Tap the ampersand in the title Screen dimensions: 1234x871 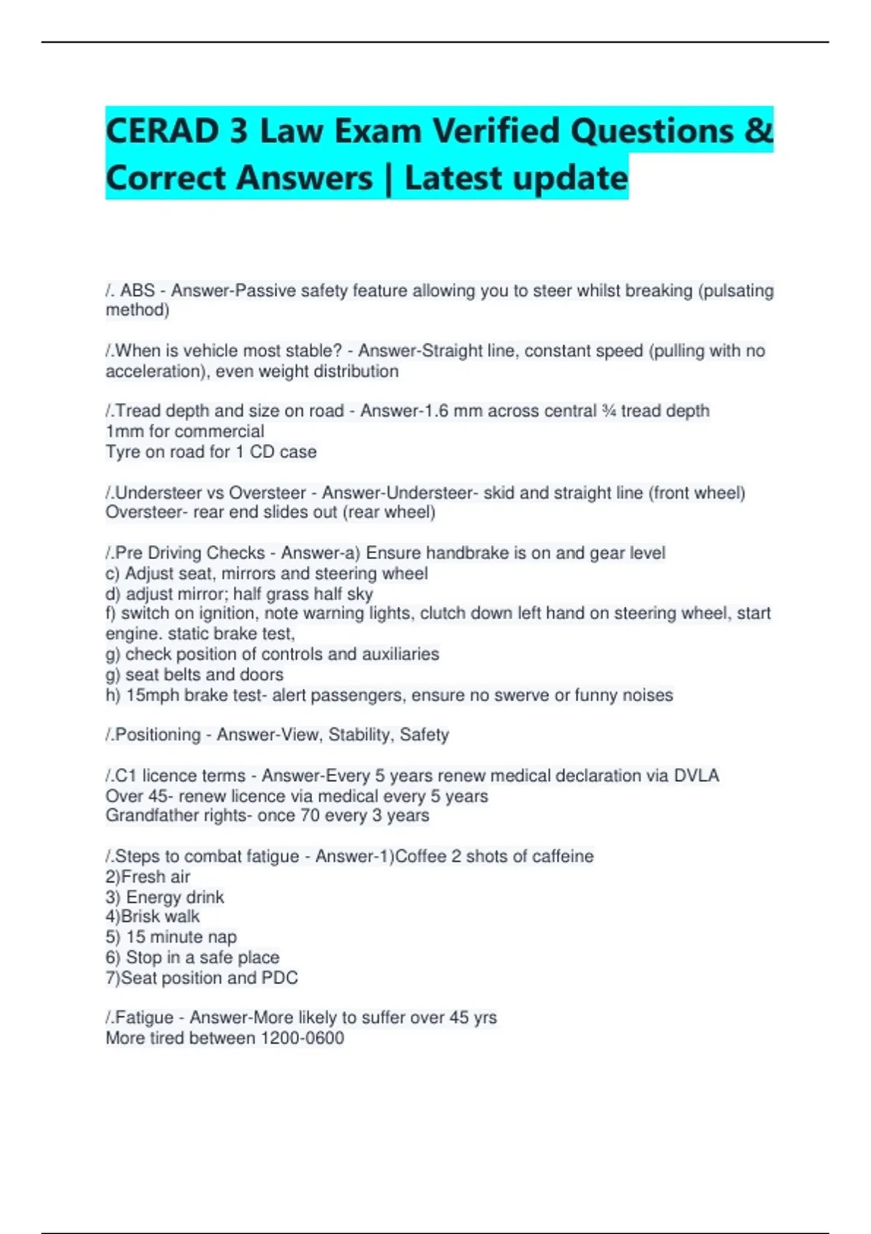[758, 131]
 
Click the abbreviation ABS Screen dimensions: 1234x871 [137, 290]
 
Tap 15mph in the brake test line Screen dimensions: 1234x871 [152, 695]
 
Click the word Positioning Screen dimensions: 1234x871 [158, 735]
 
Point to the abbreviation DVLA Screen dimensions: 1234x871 [696, 775]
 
